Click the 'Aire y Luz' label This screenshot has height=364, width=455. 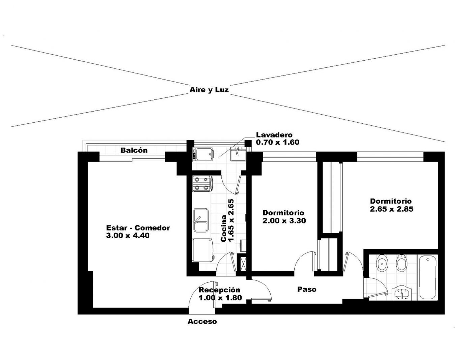209,90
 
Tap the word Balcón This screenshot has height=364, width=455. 134,150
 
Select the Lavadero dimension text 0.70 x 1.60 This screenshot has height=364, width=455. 278,142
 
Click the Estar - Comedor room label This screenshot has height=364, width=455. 138,228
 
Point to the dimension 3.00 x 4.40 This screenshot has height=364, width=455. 128,235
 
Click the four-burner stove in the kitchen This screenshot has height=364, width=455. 202,184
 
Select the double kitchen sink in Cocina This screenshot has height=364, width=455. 201,220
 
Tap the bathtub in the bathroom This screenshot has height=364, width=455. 428,277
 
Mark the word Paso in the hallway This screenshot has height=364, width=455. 307,289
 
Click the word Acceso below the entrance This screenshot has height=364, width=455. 202,322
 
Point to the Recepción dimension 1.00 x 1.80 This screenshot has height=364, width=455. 220,298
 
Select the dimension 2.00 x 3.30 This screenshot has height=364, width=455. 284,221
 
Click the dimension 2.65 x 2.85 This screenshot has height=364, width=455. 392,209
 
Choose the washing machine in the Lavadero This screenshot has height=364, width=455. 203,154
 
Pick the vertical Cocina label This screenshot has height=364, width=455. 223,229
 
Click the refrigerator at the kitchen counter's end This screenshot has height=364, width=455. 203,250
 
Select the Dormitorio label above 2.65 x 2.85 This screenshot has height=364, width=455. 391,201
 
